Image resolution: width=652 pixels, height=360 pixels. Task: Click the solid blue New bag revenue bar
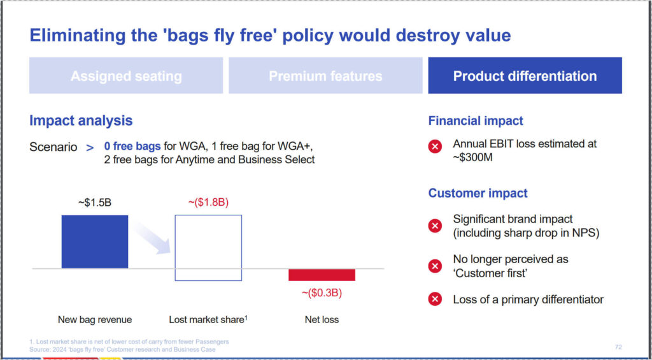tap(95, 241)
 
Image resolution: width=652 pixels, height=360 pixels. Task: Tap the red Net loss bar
tap(322, 275)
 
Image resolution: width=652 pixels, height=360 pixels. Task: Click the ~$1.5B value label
tap(95, 203)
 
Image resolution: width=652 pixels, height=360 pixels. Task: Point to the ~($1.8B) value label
tap(208, 203)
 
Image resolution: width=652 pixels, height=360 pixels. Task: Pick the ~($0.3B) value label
tap(322, 293)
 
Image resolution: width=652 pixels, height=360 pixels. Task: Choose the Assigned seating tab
tap(126, 76)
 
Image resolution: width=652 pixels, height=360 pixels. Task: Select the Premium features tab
tap(325, 76)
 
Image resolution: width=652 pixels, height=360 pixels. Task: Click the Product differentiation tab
tap(525, 76)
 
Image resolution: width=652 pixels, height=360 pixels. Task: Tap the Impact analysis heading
tap(81, 120)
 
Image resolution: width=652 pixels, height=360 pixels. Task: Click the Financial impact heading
tap(476, 120)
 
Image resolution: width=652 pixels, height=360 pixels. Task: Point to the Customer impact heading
tap(478, 193)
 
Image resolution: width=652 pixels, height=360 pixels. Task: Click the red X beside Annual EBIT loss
tap(435, 147)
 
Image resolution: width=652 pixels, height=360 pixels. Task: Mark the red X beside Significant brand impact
tap(435, 226)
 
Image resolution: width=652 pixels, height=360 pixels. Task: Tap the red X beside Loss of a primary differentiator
tap(435, 299)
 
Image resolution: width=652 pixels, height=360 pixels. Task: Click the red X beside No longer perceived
tap(435, 266)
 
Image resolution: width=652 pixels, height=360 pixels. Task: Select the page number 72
tap(618, 347)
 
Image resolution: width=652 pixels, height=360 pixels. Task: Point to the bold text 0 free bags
tap(132, 147)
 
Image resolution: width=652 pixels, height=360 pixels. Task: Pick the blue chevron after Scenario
tap(90, 147)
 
